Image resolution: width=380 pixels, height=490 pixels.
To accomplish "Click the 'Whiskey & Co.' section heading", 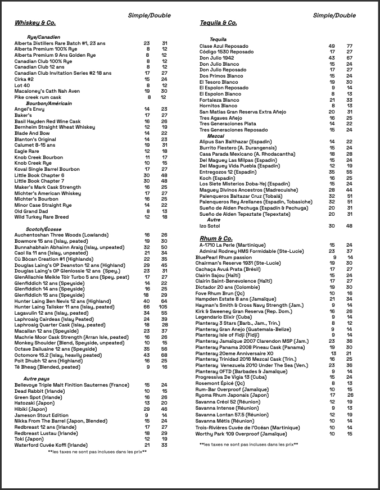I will [35, 23].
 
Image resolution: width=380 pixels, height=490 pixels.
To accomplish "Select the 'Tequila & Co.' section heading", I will [218, 23].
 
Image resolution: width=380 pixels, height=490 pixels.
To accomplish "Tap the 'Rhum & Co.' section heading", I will [216, 239].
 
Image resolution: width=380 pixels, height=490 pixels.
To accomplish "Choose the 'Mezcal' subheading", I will [216, 136].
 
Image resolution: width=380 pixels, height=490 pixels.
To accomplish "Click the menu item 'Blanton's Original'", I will [35, 139].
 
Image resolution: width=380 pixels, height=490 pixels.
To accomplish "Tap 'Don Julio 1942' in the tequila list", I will [216, 58].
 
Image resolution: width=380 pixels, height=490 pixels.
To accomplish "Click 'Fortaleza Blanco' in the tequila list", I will [219, 100].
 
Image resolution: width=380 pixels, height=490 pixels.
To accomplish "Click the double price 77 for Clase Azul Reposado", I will [349, 46].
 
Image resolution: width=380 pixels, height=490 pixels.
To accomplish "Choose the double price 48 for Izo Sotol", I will [349, 225].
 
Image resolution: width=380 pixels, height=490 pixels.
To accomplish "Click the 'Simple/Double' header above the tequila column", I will [334, 16].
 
